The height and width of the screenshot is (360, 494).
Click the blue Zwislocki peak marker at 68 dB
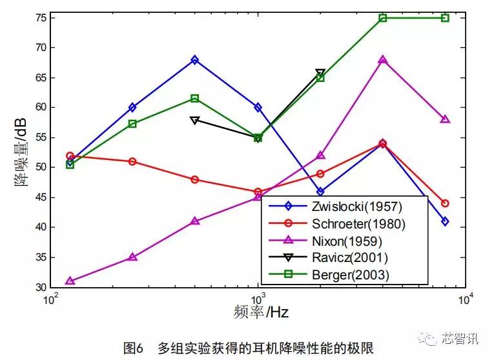(x=195, y=60)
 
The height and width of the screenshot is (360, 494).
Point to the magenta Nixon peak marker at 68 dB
(x=383, y=60)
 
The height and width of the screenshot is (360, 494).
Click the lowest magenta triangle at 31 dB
(x=70, y=281)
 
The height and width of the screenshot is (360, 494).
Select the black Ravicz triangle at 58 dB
(x=195, y=120)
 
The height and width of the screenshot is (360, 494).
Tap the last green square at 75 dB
(x=445, y=18)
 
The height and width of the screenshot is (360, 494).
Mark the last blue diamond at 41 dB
(x=445, y=221)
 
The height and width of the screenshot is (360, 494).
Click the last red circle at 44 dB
(x=445, y=203)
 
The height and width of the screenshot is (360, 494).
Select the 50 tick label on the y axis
(x=38, y=167)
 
